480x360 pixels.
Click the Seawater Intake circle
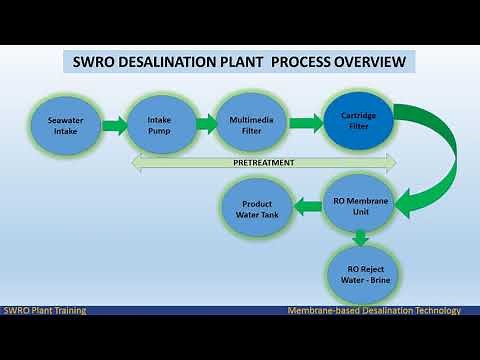[x=67, y=125]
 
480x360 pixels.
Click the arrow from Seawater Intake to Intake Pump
[x=113, y=126]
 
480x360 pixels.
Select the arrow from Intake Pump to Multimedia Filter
[x=206, y=124]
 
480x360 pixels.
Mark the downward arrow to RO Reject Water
[x=360, y=238]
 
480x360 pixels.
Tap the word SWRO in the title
[x=96, y=62]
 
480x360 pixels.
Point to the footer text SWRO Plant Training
[x=44, y=311]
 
